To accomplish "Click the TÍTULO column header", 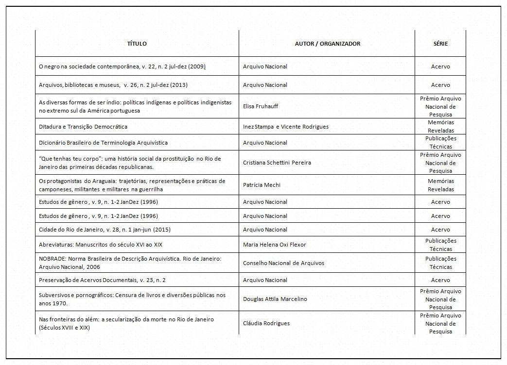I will pos(137,44).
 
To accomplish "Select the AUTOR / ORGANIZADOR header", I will pos(327,44).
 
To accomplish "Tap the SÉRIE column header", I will pos(440,44).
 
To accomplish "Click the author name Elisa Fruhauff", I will pos(261,106).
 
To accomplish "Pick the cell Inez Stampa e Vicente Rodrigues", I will pos(285,127).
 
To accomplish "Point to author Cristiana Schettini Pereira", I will pos(277,163).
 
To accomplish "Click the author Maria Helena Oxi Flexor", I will pos(274,245).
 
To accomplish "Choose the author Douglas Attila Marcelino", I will pos(275,299).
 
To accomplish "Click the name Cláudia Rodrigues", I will pos(266,323).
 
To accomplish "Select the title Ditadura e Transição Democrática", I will pos(83,127).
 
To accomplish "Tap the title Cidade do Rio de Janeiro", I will pos(105,230).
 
